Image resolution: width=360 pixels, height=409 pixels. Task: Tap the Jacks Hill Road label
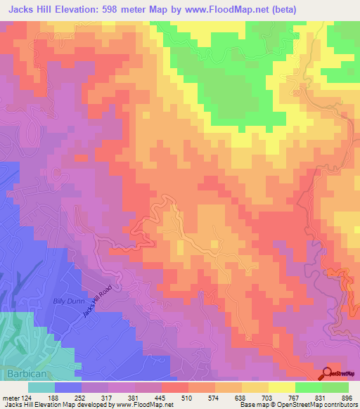96,301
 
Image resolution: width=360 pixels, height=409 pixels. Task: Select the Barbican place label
26,374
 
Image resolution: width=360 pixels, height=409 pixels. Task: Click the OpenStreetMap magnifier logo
328,374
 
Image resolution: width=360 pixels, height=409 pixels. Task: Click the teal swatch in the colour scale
41,387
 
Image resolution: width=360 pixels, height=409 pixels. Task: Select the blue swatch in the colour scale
68,387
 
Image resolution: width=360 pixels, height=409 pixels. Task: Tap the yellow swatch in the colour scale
282,387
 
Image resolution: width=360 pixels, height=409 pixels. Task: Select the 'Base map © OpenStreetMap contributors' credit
299,405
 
